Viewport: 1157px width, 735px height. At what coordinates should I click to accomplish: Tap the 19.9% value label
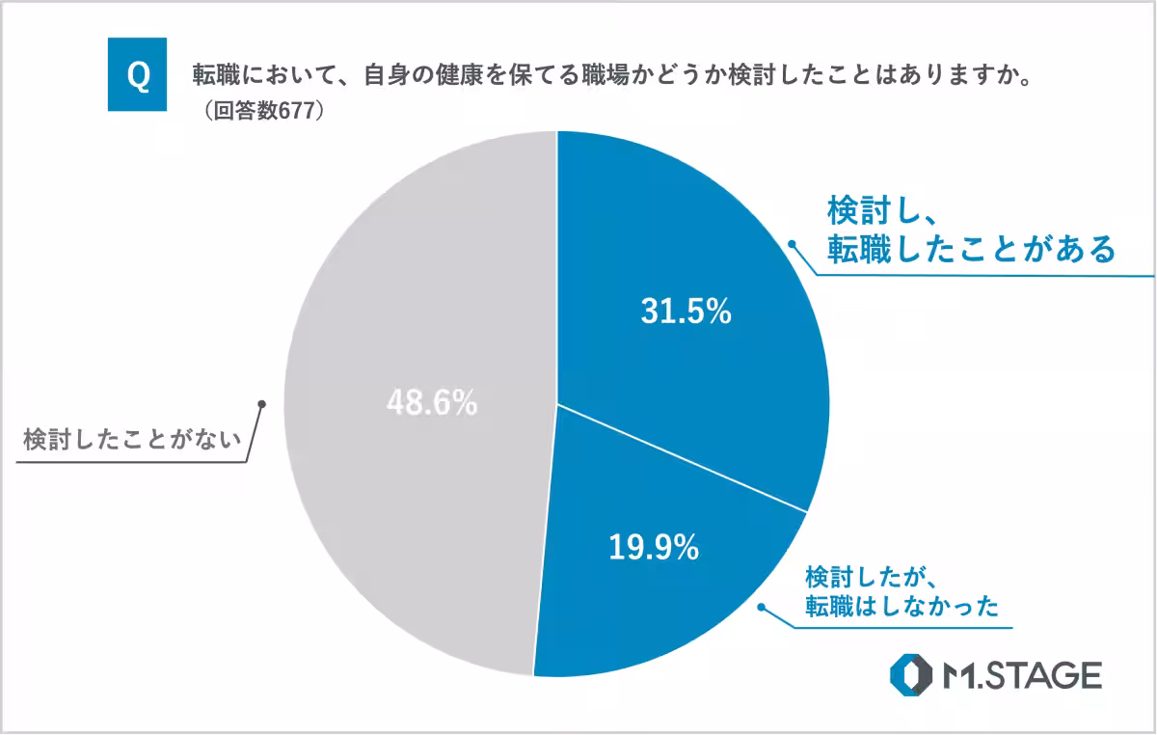point(653,548)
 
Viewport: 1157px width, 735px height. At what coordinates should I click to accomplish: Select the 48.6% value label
point(432,403)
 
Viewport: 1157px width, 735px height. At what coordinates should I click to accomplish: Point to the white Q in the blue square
point(138,75)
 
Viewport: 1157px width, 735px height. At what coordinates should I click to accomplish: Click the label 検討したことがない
point(129,442)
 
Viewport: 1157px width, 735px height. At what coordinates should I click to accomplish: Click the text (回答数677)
point(261,111)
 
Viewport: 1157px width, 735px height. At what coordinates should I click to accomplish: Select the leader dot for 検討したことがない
point(261,403)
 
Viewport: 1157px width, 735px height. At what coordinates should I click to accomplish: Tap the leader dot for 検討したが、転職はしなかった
point(761,608)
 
